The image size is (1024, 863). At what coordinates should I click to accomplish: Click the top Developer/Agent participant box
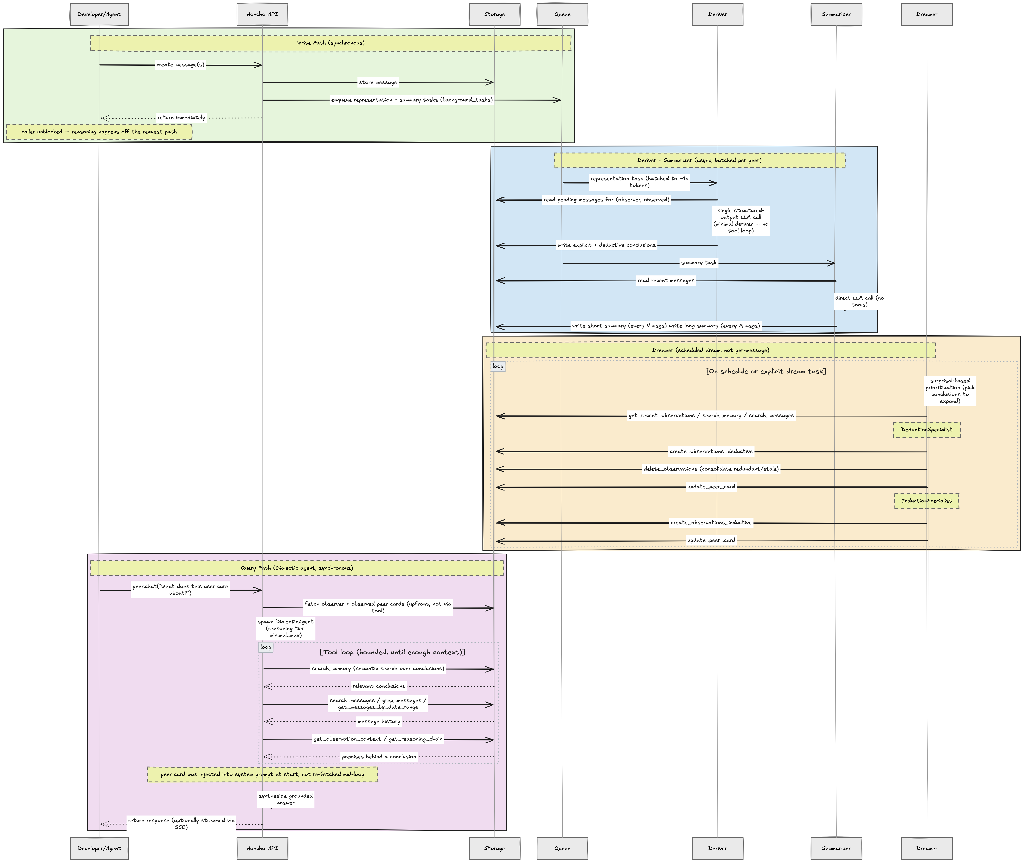[x=99, y=14]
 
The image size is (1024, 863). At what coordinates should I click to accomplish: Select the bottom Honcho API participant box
[x=262, y=848]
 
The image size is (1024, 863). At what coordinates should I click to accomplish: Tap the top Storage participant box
[x=494, y=14]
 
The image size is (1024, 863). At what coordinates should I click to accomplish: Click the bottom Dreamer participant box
[x=927, y=848]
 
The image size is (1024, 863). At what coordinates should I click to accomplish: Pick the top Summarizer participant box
[x=836, y=14]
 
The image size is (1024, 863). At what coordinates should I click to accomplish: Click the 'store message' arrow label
[x=378, y=82]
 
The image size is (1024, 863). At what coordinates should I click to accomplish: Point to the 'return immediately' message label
[x=181, y=117]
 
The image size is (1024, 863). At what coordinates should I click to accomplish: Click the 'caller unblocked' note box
[x=99, y=132]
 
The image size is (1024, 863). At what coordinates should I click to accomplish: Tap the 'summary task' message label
[x=699, y=263]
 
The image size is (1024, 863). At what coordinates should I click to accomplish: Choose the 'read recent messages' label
[x=666, y=280]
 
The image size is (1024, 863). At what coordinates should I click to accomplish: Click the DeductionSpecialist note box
[x=927, y=429]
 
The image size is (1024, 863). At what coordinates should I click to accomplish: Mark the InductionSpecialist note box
[x=927, y=501]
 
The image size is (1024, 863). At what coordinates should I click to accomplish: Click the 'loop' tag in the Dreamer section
[x=498, y=366]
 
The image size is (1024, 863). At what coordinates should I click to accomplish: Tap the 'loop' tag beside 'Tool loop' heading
[x=266, y=647]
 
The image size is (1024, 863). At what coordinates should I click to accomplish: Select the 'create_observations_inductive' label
[x=711, y=522]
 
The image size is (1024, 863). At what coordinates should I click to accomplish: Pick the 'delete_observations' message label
[x=711, y=469]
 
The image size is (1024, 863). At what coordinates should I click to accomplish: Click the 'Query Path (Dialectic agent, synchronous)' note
[x=297, y=568]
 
